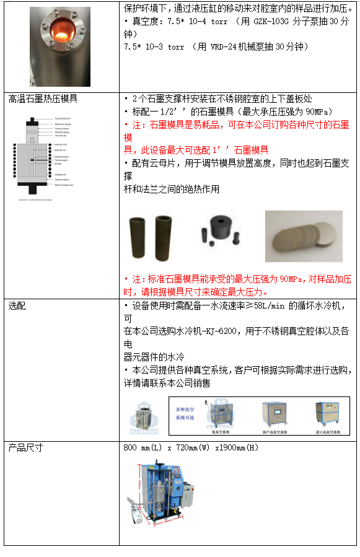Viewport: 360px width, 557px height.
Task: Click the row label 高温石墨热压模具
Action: coord(43,99)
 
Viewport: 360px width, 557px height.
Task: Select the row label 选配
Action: coord(17,305)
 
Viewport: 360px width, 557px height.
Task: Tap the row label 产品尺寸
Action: coord(25,447)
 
